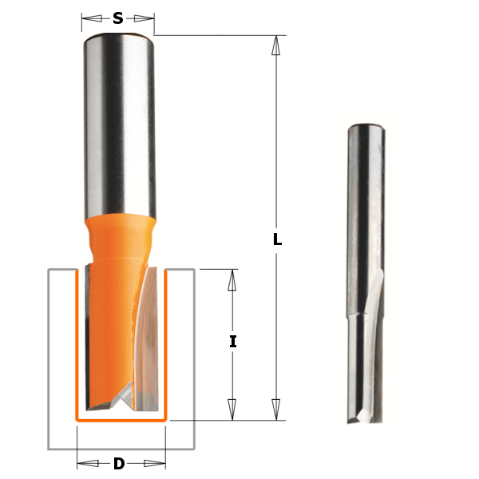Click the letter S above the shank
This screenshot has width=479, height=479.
point(118,18)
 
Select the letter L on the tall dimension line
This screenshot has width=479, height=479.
point(277,239)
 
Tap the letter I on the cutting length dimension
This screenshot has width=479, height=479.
point(232,342)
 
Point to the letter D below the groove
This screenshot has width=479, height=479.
point(119,463)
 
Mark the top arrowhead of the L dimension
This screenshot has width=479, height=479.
point(276,45)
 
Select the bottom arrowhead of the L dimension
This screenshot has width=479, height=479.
point(276,410)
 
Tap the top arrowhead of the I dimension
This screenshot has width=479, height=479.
point(232,279)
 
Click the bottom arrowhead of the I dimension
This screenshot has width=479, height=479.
point(232,410)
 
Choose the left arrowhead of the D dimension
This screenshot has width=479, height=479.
point(84,463)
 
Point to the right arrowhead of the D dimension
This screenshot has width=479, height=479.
point(158,463)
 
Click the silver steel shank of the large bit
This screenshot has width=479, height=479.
point(118,120)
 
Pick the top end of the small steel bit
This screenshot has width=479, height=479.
point(363,128)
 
